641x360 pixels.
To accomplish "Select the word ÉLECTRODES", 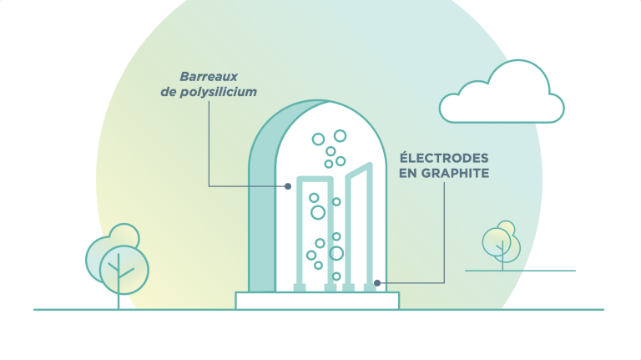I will tap(444, 158).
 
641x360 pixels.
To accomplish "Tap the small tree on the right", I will tap(502, 242).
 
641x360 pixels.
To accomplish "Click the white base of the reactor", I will tap(317, 301).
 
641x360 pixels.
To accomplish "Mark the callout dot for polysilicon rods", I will tap(288, 185).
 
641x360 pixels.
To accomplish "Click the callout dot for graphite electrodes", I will tap(377, 282).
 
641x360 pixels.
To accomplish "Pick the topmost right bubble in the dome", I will tap(340, 135).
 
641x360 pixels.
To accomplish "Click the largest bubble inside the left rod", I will tap(318, 212).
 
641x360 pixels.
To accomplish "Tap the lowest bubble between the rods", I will tap(336, 276).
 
